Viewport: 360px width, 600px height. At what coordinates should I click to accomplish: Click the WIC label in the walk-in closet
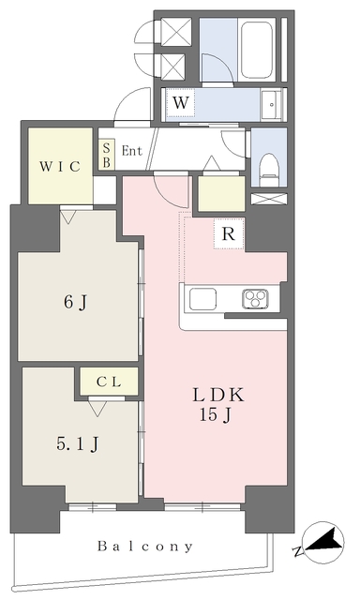(x=60, y=167)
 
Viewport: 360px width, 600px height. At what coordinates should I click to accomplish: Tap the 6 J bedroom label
(x=76, y=303)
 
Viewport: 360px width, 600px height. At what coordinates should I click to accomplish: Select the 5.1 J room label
(x=78, y=444)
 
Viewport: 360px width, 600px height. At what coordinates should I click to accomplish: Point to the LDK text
(x=217, y=395)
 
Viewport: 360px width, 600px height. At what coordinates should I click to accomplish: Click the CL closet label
(x=109, y=382)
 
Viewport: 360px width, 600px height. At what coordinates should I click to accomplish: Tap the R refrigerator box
(x=229, y=233)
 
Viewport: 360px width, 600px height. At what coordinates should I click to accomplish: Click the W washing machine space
(x=181, y=102)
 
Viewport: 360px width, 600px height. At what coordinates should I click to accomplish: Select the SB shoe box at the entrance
(x=106, y=154)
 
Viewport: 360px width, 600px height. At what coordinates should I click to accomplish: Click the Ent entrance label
(x=131, y=151)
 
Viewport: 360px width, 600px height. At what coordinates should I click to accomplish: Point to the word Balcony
(x=145, y=547)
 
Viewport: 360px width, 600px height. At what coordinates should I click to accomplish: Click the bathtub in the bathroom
(x=258, y=51)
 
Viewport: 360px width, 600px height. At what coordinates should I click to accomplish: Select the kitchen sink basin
(x=202, y=299)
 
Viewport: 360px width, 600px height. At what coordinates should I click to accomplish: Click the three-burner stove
(x=255, y=299)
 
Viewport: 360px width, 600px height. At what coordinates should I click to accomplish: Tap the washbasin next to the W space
(x=272, y=104)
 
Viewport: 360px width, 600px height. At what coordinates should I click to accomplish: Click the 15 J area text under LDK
(x=215, y=414)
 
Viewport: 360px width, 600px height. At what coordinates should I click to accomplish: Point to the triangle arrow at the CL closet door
(x=97, y=409)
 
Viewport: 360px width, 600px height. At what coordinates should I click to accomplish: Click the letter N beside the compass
(x=297, y=551)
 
